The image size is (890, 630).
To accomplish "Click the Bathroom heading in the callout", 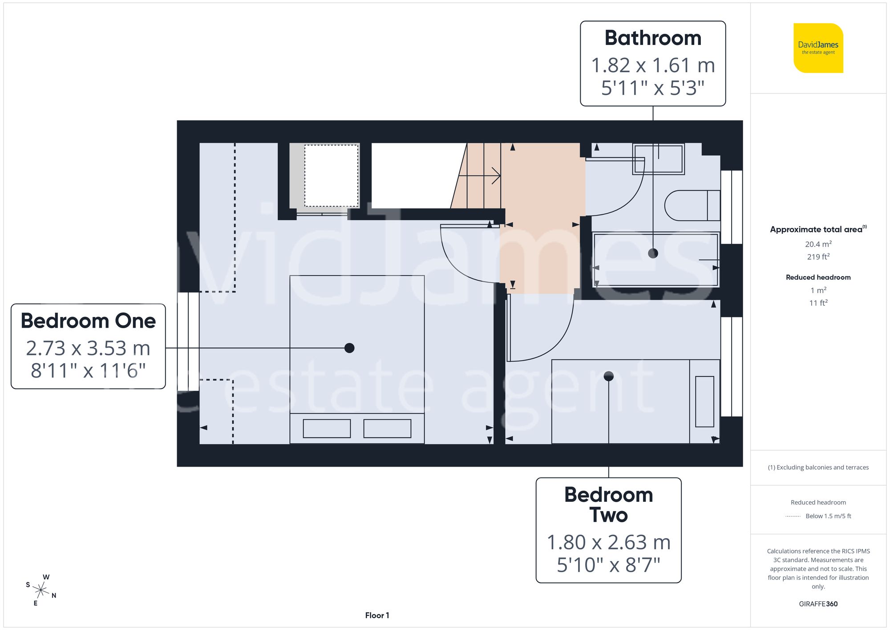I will click(652, 38).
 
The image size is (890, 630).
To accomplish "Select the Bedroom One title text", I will click(88, 321).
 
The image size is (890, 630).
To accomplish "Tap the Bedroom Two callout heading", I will click(608, 505).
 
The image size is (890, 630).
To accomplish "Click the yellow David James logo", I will click(818, 48).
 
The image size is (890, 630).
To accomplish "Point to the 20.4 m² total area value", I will click(818, 244).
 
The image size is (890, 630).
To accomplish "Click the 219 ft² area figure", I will click(818, 257).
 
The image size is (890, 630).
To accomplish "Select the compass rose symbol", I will click(40, 590).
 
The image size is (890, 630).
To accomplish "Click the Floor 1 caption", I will click(377, 615).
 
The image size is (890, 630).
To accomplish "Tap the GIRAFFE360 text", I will click(818, 604).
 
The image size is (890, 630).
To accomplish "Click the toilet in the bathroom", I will click(692, 206).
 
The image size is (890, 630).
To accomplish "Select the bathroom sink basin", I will click(658, 159).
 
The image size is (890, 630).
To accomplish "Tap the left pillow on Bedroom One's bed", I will click(327, 428).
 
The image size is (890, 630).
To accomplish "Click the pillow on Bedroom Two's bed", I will click(704, 402).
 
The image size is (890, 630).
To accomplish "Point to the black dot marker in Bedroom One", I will click(349, 348).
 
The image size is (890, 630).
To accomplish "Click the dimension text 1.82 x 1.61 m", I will click(652, 65).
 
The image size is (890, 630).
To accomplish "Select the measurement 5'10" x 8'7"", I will click(608, 565).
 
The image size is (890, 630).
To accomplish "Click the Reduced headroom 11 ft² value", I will click(818, 303).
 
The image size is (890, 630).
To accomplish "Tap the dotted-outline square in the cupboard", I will click(331, 175).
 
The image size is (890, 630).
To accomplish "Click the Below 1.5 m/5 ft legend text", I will click(828, 516).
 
